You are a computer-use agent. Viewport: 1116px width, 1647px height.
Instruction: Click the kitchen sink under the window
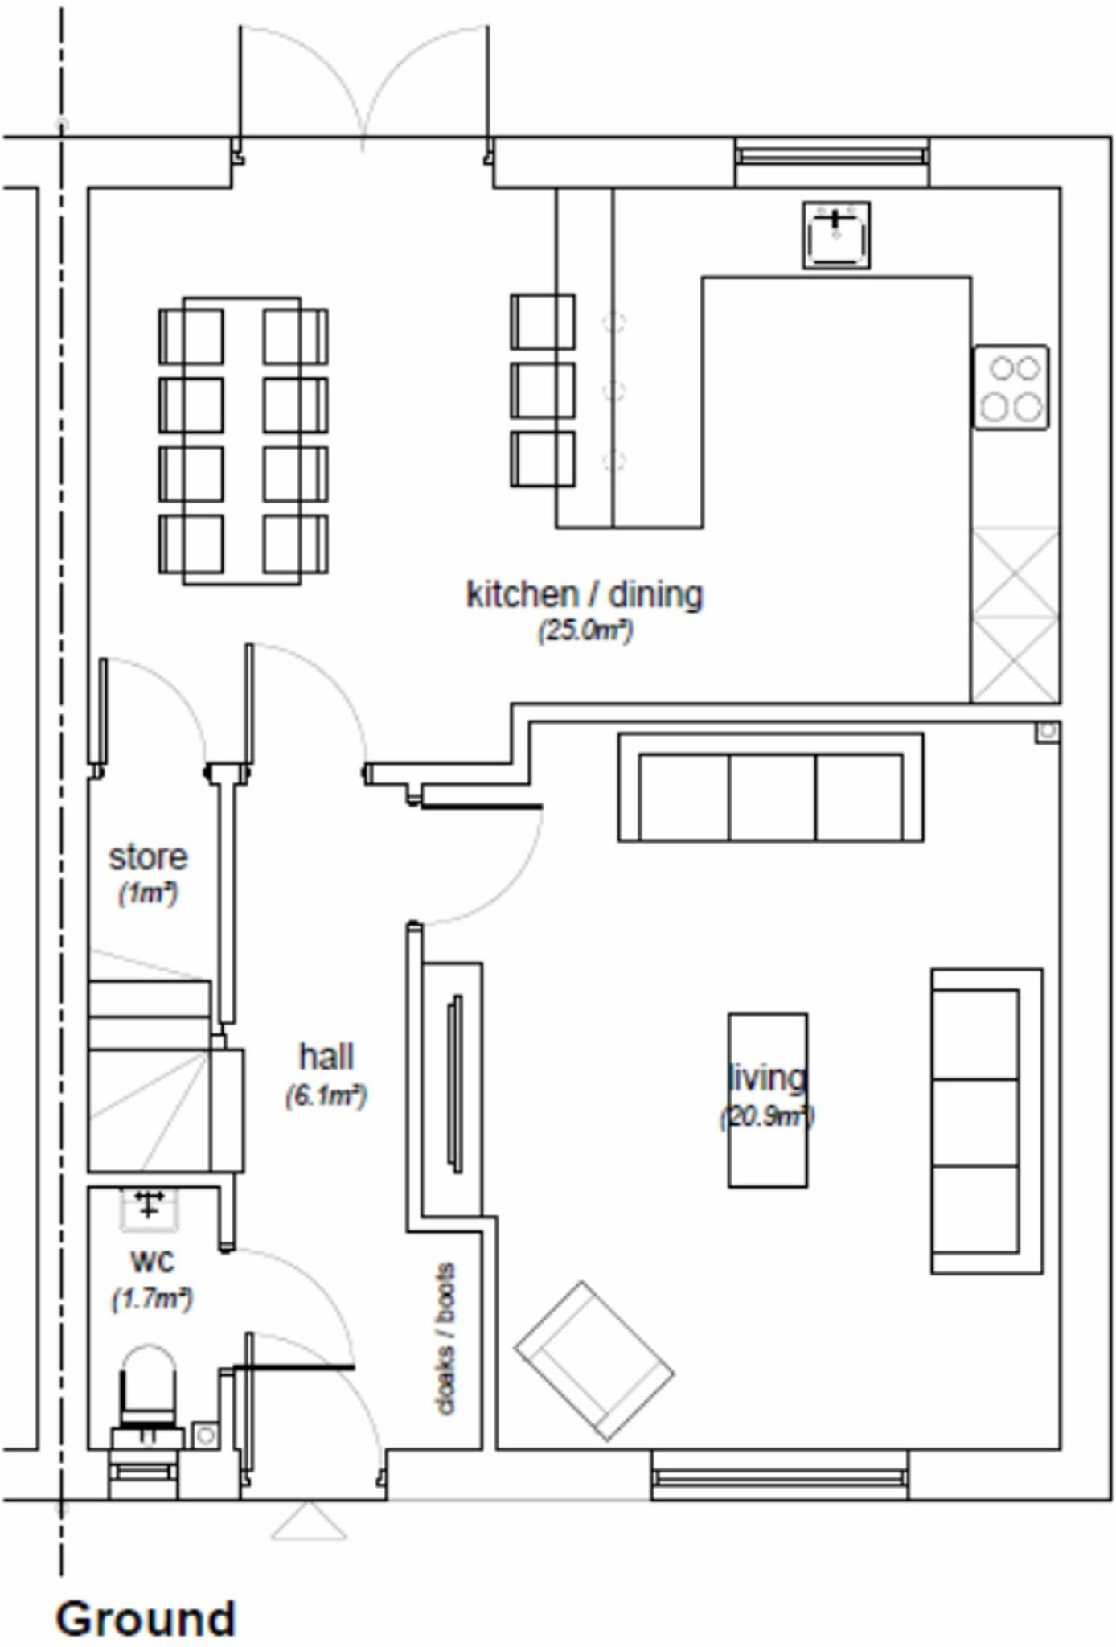pos(836,235)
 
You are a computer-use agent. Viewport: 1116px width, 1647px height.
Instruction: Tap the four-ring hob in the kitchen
pos(1011,388)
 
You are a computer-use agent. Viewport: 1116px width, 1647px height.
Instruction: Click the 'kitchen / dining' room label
pos(585,595)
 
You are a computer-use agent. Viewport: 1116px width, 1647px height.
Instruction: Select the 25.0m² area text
pos(585,630)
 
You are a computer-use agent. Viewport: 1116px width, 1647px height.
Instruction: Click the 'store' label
pos(148,857)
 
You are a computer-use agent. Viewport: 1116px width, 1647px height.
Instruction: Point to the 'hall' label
pos(326,1057)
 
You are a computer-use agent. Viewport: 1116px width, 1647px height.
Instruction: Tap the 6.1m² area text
pos(326,1095)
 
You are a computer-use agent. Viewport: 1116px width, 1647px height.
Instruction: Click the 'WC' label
pos(152,1261)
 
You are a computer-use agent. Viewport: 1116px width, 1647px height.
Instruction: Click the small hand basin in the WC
pos(149,1209)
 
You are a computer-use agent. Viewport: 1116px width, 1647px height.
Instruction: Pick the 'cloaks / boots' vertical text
pos(445,1338)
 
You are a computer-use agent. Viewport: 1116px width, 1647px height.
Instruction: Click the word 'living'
pos(766,1078)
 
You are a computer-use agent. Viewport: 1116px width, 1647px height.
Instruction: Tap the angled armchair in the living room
pos(593,1361)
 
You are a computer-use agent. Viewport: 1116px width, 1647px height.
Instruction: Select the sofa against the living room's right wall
pos(987,1121)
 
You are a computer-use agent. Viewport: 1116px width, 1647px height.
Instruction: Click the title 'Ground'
pos(146,1618)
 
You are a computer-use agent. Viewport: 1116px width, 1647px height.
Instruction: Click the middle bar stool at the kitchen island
pos(543,391)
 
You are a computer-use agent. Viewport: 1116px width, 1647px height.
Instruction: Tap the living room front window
pos(779,1477)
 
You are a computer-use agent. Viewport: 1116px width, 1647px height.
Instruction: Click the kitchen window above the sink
pos(831,156)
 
